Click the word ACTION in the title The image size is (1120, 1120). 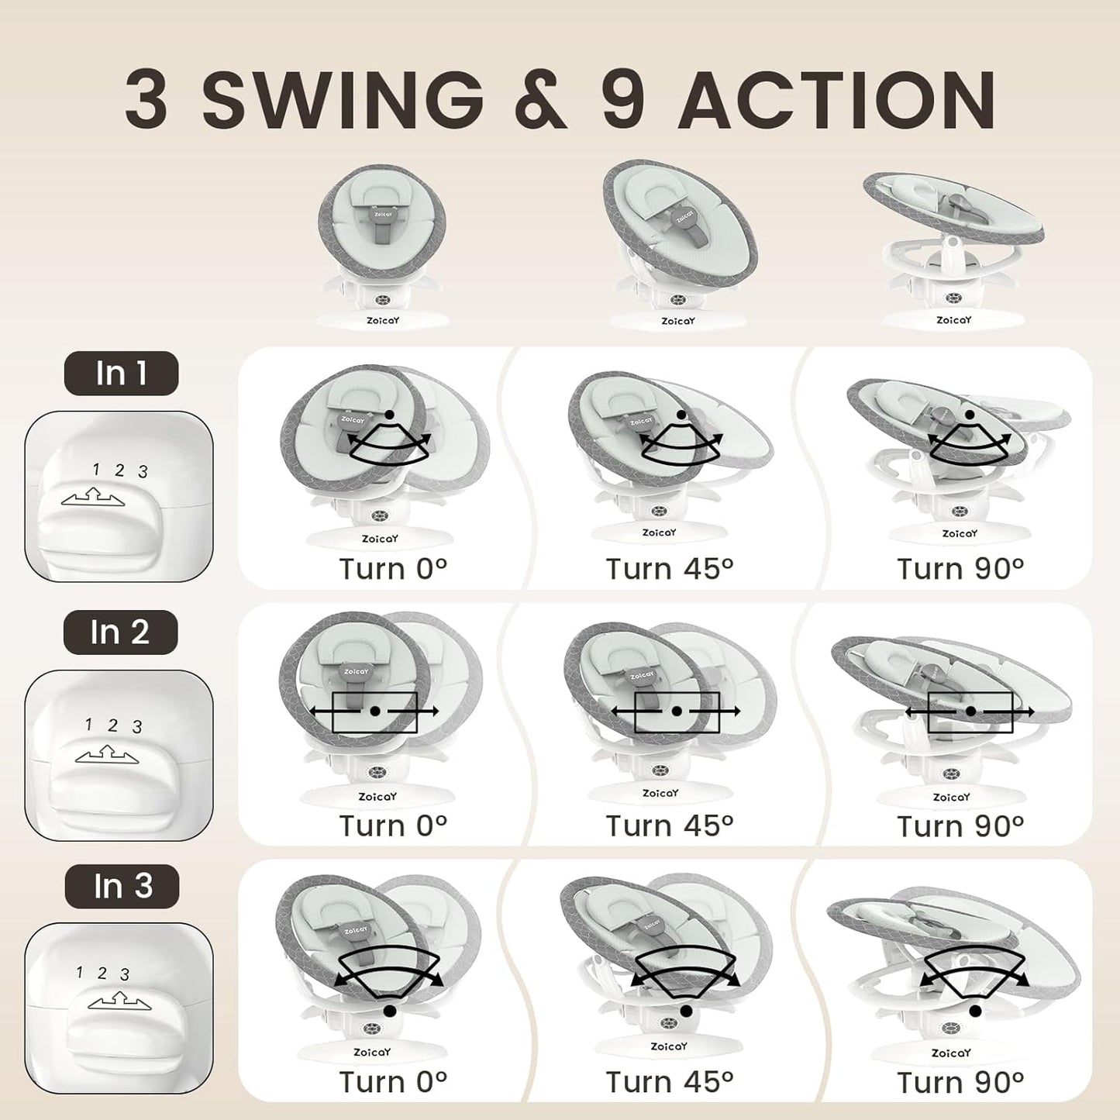tap(837, 101)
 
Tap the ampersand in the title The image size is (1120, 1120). tap(540, 101)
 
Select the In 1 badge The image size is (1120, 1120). tap(121, 373)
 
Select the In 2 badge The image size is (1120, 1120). tap(120, 632)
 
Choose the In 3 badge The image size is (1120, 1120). tap(122, 886)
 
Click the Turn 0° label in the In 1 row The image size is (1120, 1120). tap(393, 569)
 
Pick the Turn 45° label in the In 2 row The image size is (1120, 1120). tap(670, 826)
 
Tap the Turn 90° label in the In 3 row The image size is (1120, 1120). tap(960, 1081)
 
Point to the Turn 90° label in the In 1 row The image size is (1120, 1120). tap(960, 569)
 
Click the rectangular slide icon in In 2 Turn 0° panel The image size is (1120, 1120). tap(374, 712)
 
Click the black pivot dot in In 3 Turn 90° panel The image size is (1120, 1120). tap(975, 1011)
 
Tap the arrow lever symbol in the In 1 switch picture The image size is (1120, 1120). tap(93, 497)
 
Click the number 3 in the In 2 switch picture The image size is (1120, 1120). tap(137, 727)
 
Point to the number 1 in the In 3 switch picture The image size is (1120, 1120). tap(79, 972)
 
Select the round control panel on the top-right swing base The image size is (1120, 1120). tap(953, 296)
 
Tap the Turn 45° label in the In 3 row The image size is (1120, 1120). tap(670, 1081)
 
